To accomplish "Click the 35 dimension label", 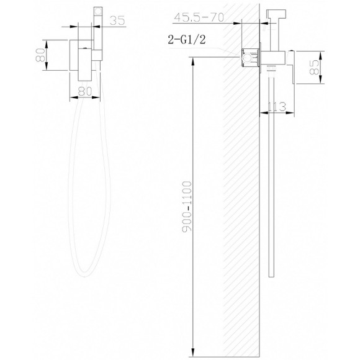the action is pyautogui.click(x=117, y=20).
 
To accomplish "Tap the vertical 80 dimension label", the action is pyautogui.click(x=40, y=55).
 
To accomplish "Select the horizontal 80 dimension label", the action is pyautogui.click(x=85, y=91).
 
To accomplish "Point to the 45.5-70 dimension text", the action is pyautogui.click(x=199, y=17).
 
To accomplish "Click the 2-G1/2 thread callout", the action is pyautogui.click(x=187, y=40).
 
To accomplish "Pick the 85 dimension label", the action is pyautogui.click(x=314, y=67).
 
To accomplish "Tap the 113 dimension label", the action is pyautogui.click(x=277, y=107).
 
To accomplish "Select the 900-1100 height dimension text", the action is pyautogui.click(x=187, y=207).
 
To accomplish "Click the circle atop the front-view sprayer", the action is pyautogui.click(x=98, y=11).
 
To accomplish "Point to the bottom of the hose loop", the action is pyautogui.click(x=84, y=276).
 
